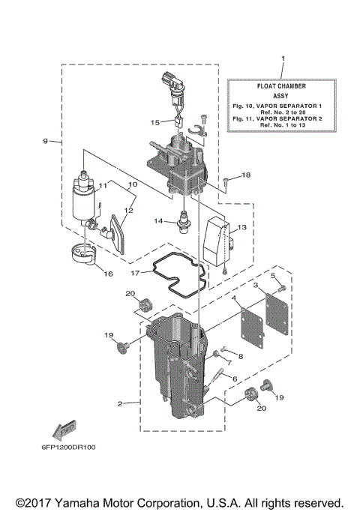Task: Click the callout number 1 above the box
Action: pyautogui.click(x=282, y=58)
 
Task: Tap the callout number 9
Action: pyautogui.click(x=46, y=141)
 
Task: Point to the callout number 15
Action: pyautogui.click(x=154, y=121)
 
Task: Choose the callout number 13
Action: pyautogui.click(x=241, y=227)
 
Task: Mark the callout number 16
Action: pyautogui.click(x=108, y=274)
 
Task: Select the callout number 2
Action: pyautogui.click(x=119, y=404)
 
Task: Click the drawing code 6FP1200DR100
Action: pyautogui.click(x=64, y=448)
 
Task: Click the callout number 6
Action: pyautogui.click(x=235, y=379)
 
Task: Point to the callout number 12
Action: pyautogui.click(x=128, y=211)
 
